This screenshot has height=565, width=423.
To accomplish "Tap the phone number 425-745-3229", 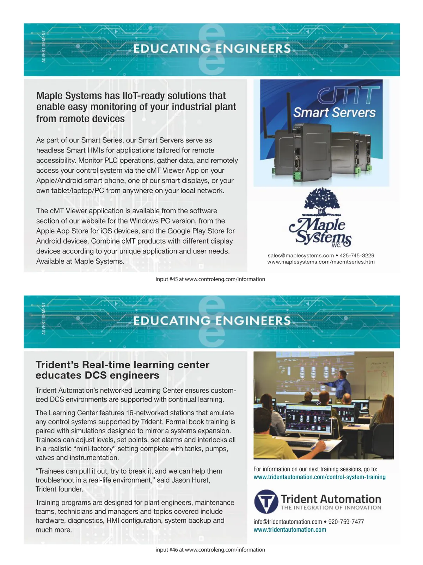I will point(357,255).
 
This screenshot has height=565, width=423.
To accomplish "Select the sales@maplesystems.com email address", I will point(301,255).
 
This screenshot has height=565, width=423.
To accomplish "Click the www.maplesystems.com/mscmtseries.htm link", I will point(321,262).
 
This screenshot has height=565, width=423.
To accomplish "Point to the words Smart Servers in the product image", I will point(334,113).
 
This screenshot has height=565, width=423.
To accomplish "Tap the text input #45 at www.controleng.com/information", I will point(210,279).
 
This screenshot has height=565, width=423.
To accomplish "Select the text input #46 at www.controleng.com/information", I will point(210,549).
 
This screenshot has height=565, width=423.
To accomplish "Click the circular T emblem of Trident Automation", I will point(266,501).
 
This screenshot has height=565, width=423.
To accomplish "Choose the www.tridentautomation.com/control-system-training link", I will point(319,477).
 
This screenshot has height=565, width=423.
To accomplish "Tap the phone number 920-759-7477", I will point(346,522).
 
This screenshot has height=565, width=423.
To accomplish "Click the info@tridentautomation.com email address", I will point(288,522).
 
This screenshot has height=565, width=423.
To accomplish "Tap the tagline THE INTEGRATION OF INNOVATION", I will point(331,508).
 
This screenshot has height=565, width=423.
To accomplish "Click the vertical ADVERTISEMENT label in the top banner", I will point(44,47).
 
